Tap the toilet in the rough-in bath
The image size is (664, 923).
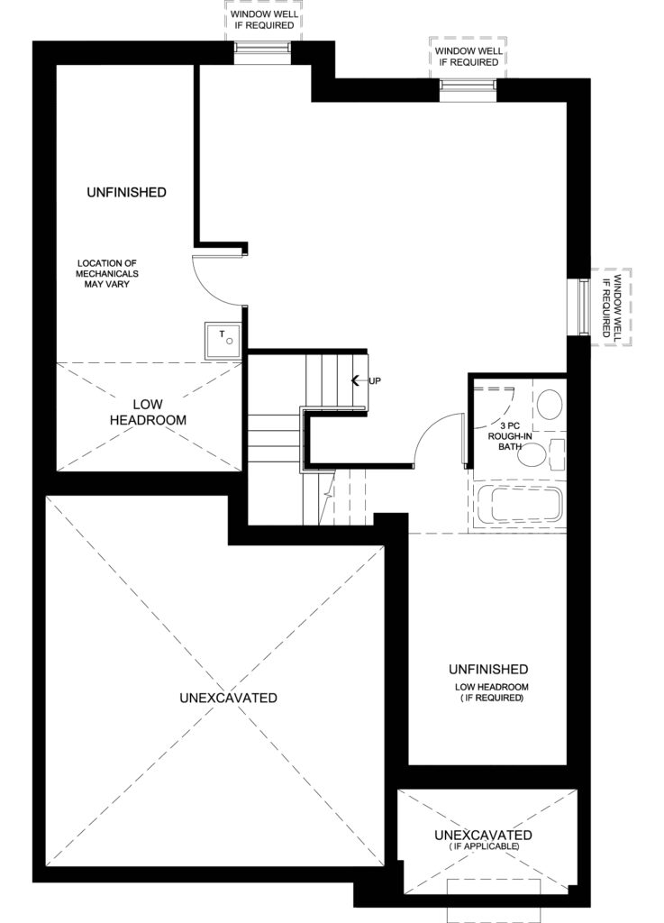click(550, 405)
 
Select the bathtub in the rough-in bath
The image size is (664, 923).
click(518, 504)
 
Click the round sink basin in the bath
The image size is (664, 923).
click(533, 454)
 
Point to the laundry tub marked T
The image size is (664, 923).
click(223, 341)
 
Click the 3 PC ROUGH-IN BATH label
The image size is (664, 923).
click(510, 435)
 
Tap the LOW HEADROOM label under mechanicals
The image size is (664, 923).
click(149, 412)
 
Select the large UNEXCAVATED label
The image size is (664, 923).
click(228, 698)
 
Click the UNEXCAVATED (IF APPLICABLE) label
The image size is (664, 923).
click(483, 839)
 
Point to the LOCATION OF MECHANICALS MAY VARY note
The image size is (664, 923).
click(107, 274)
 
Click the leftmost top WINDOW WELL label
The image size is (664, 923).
click(264, 20)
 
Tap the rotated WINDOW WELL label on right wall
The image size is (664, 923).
click(612, 306)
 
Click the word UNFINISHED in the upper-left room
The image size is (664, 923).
click(126, 192)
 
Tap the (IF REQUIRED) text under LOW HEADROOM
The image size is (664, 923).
click(492, 698)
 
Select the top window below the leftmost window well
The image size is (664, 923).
click(263, 51)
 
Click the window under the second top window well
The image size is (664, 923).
click(468, 89)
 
